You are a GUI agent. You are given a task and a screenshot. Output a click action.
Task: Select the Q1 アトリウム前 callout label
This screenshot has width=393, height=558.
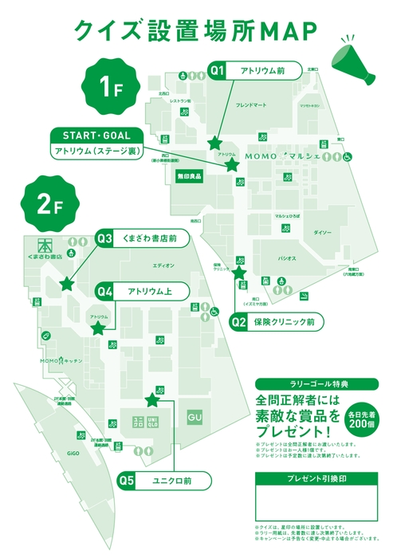(255, 71)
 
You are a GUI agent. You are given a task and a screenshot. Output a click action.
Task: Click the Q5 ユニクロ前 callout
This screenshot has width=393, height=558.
(164, 481)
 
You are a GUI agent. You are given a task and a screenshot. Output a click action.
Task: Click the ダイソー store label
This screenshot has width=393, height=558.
(322, 232)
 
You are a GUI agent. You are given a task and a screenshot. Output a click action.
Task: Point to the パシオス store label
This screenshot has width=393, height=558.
(286, 258)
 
